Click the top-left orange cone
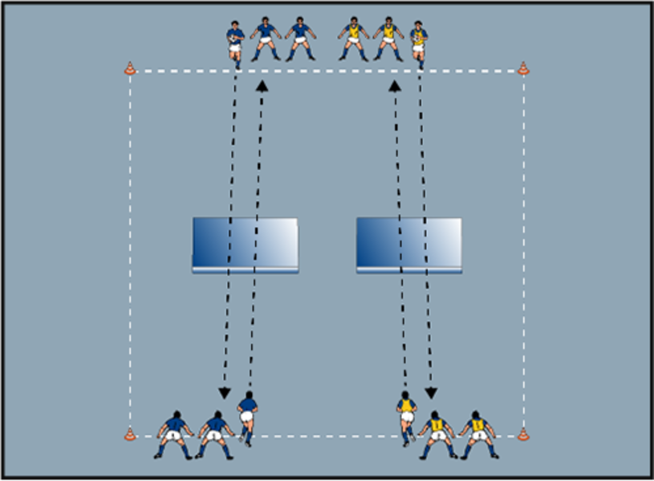(x=130, y=69)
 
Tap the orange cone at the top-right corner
(x=523, y=69)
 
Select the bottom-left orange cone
(x=130, y=435)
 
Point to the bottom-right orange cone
(x=523, y=435)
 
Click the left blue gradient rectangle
(x=246, y=245)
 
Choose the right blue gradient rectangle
(x=409, y=245)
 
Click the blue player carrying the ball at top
(x=235, y=43)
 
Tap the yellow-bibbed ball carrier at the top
(x=418, y=43)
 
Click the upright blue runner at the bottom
(x=248, y=417)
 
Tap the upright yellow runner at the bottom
(x=407, y=417)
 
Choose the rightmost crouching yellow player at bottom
(x=478, y=435)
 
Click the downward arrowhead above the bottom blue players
(x=225, y=393)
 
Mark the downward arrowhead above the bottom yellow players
(x=431, y=393)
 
